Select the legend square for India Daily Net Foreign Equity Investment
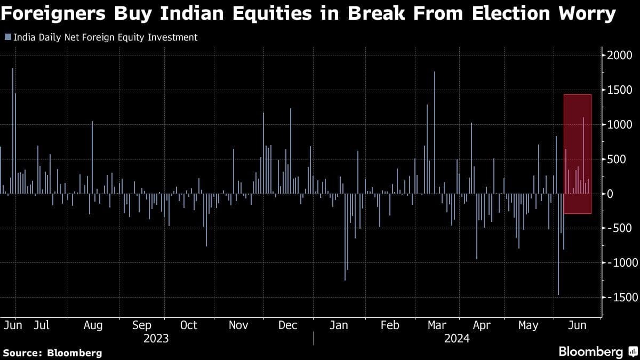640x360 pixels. (x=7, y=37)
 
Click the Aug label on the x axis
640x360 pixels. (x=93, y=325)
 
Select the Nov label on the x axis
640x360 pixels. (x=238, y=325)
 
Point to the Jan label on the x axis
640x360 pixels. (x=339, y=325)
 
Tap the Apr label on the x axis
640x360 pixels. (x=482, y=325)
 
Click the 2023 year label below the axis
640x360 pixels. (x=156, y=338)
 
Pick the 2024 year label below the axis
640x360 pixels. (x=457, y=338)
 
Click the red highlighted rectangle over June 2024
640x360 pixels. (x=578, y=154)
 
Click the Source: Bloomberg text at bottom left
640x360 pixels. (x=52, y=353)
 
